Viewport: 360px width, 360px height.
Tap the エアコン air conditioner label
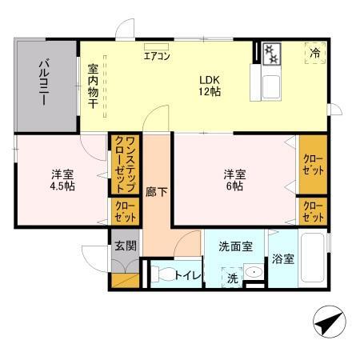coord(157,56)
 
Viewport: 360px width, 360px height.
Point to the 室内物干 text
coord(93,86)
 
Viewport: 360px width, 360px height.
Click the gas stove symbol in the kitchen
coord(272,54)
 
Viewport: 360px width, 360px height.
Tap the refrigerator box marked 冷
coord(314,53)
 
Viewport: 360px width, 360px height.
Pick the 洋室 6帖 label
coord(233,181)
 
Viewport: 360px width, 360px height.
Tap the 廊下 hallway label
coord(156,192)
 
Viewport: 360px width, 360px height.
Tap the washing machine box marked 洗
coord(231,278)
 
